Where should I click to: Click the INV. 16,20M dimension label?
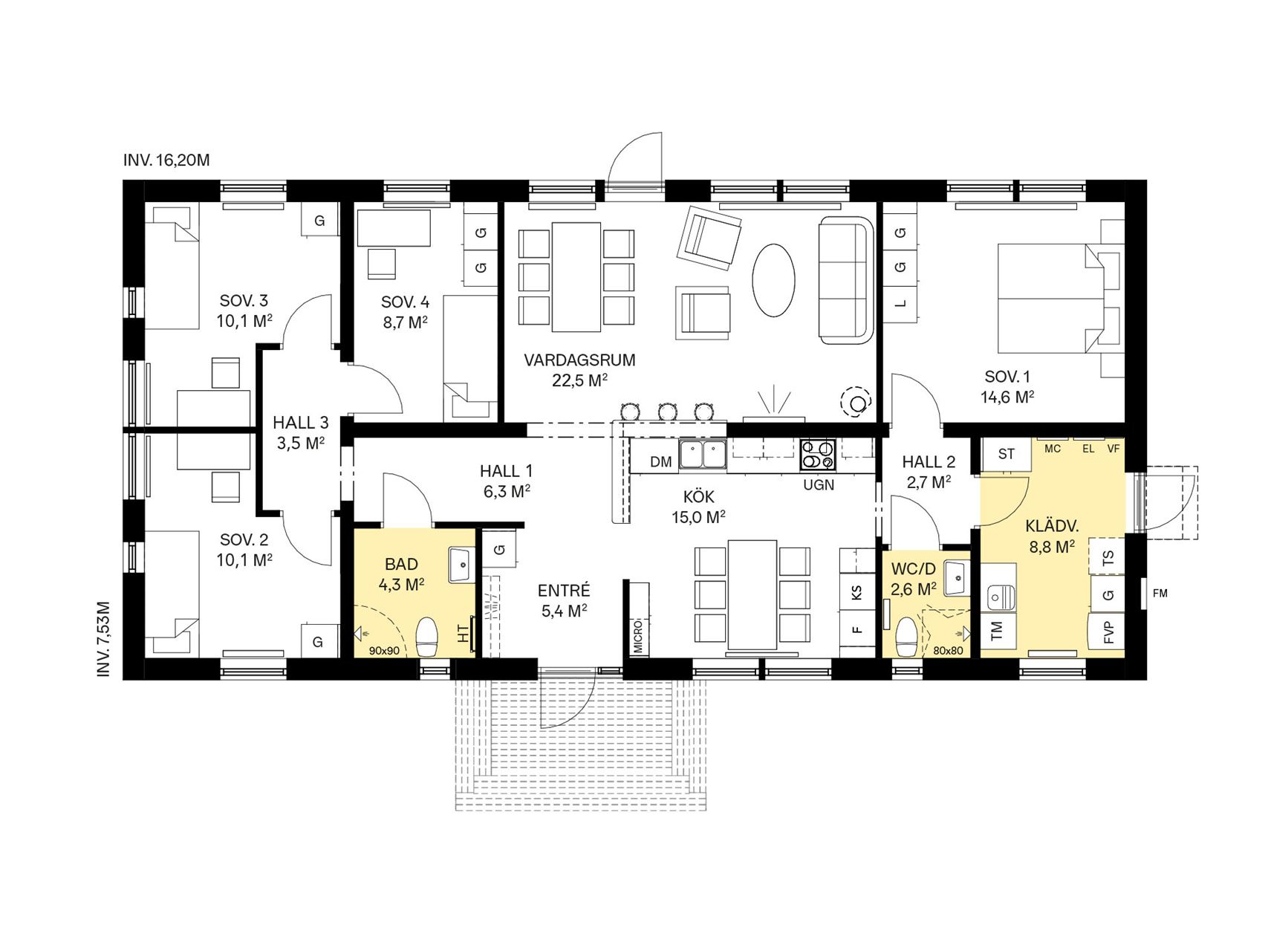(x=167, y=160)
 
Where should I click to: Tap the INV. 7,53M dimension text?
(x=104, y=638)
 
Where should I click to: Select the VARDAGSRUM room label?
(x=580, y=360)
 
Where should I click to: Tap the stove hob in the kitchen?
(x=818, y=455)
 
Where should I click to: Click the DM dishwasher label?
(x=661, y=462)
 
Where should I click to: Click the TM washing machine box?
(x=998, y=632)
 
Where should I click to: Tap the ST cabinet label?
(x=1007, y=454)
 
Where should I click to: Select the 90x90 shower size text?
(x=384, y=651)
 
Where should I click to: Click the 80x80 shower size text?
(x=948, y=651)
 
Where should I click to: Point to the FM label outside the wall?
(x=1160, y=593)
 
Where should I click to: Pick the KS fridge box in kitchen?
(x=857, y=592)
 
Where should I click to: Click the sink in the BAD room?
(x=461, y=566)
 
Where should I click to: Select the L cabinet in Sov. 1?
(x=901, y=303)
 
